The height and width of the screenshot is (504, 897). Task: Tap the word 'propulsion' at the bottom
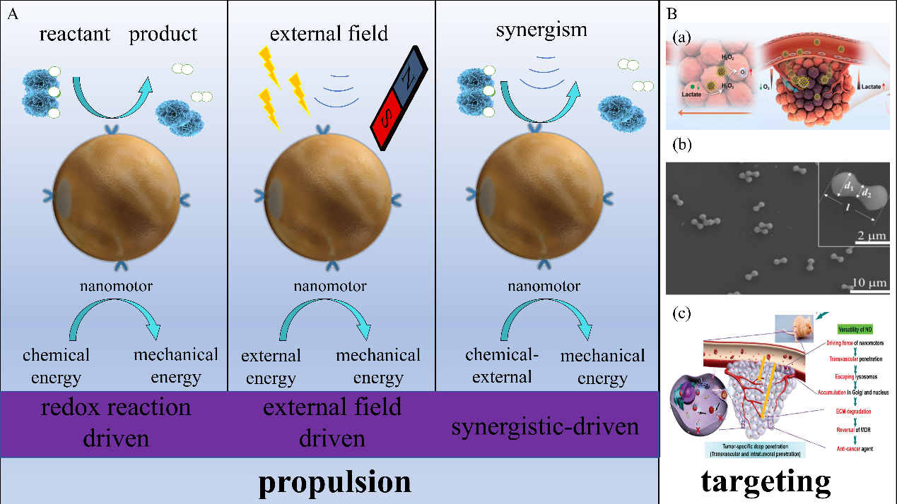[x=334, y=482]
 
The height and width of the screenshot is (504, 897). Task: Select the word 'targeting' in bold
[x=766, y=481]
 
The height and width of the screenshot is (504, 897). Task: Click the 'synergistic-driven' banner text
[x=545, y=426]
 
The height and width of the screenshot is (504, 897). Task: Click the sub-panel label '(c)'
[x=682, y=311]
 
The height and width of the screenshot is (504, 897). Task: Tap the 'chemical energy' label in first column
[x=56, y=366]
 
